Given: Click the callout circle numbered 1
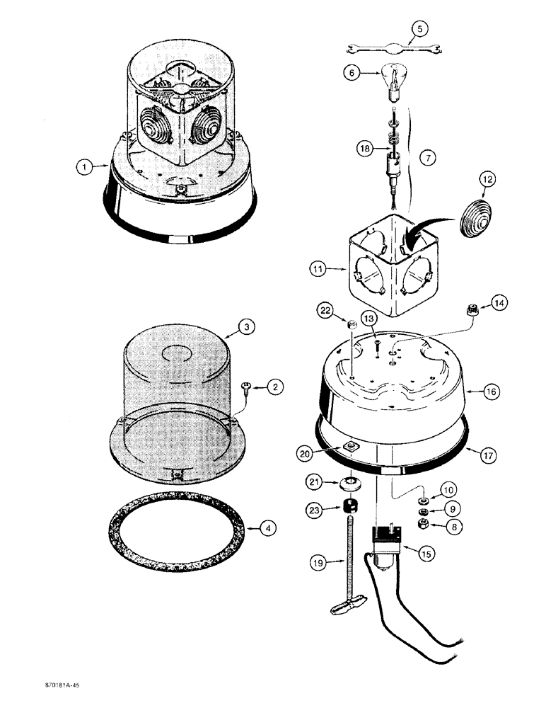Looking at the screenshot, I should (85, 167).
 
